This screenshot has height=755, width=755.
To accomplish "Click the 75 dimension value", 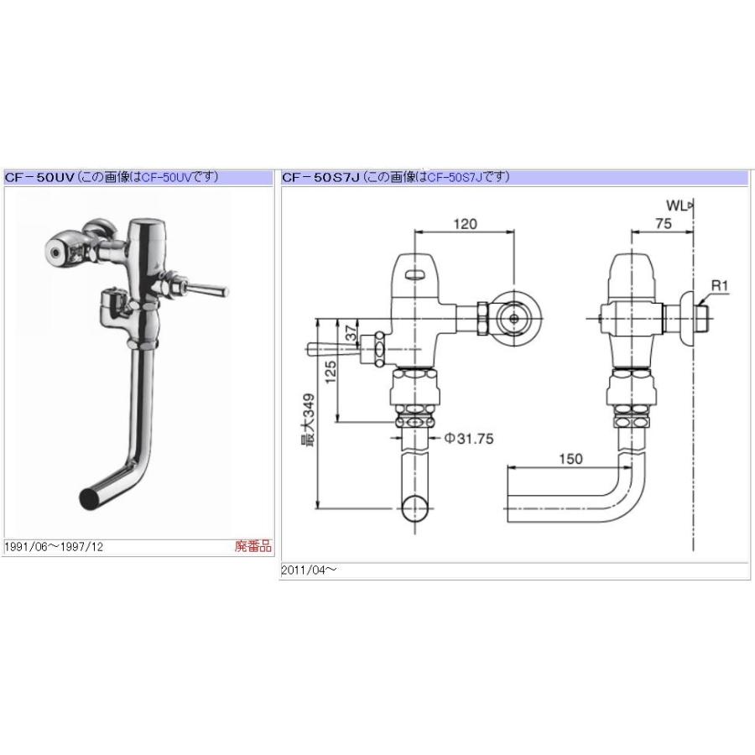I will [x=662, y=224].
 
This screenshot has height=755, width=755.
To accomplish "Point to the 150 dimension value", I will [x=569, y=459].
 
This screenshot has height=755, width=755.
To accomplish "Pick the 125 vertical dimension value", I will [x=331, y=369].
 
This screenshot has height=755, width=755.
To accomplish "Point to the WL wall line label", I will [x=678, y=204].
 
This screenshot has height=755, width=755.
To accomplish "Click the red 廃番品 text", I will [x=253, y=546].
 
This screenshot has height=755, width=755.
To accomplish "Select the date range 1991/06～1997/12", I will [x=55, y=547].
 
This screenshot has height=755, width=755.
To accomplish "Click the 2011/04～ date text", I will [x=309, y=570].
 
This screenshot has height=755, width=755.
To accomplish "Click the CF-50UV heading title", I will [x=40, y=177].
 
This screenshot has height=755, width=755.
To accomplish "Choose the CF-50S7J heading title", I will [x=321, y=177].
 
